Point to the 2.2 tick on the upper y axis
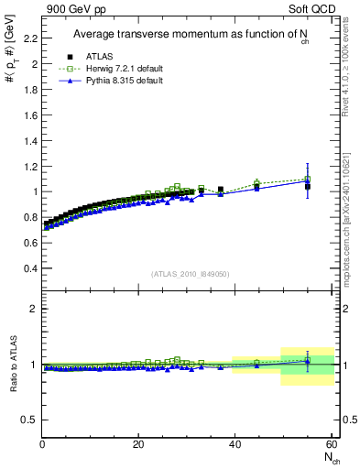(31, 38)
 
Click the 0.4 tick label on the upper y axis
(31, 268)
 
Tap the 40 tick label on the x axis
(235, 444)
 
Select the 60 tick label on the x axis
(331, 444)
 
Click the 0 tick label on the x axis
(43, 444)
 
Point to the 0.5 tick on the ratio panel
(30, 420)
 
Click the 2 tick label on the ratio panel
(35, 309)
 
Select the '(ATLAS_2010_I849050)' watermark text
(190, 274)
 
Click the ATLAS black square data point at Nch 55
(308, 187)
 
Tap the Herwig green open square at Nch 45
(257, 183)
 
